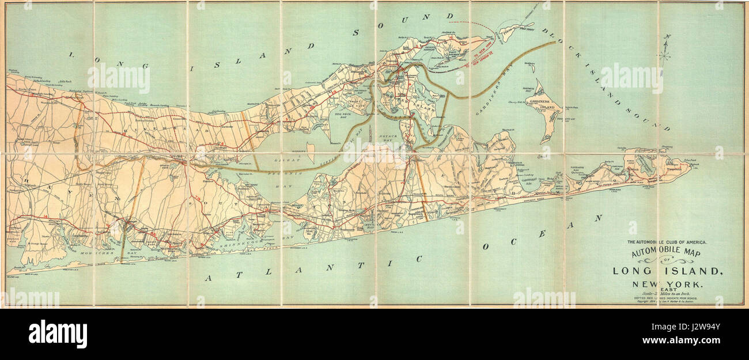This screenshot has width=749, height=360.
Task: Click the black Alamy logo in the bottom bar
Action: [x=58, y=334]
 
